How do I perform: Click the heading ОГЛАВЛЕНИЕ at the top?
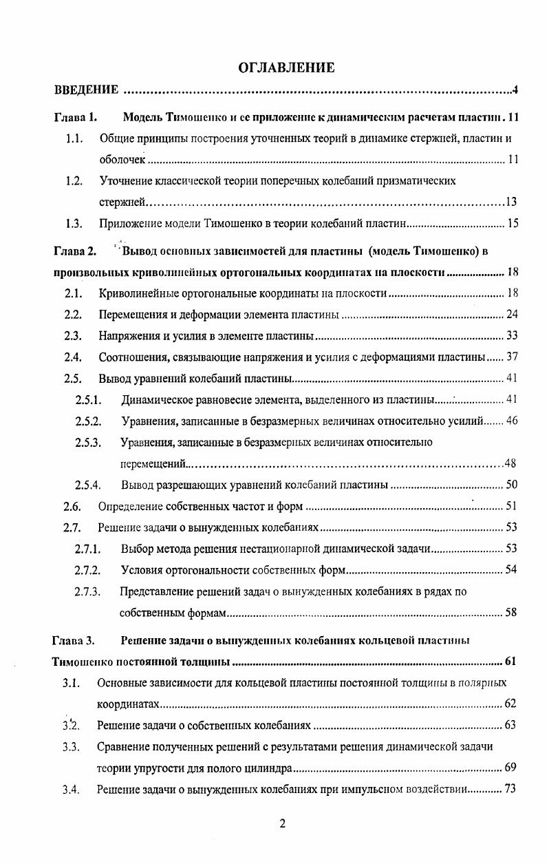tap(286, 67)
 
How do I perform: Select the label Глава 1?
tap(75, 117)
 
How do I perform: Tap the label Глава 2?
tap(75, 251)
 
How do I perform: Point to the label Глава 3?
tap(74, 641)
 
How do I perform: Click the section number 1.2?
tap(74, 181)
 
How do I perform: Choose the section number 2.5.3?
tap(88, 442)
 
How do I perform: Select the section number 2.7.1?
tap(88, 549)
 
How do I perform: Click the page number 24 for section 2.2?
tap(511, 315)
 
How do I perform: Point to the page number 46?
tap(511, 421)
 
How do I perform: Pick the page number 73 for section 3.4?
tap(510, 789)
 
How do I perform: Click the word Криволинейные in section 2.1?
tap(134, 294)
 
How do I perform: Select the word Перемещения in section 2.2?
tap(131, 315)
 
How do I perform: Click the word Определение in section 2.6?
tap(131, 507)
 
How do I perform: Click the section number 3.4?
tap(71, 790)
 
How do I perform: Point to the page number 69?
tap(510, 767)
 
